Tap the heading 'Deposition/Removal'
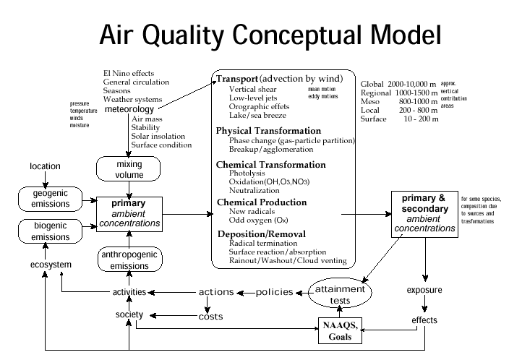click(262, 233)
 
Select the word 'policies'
click(274, 293)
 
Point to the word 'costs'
click(210, 317)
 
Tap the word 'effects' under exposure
click(424, 320)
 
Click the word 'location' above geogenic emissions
click(45, 167)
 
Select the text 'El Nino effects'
click(130, 74)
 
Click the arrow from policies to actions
click(246, 293)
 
